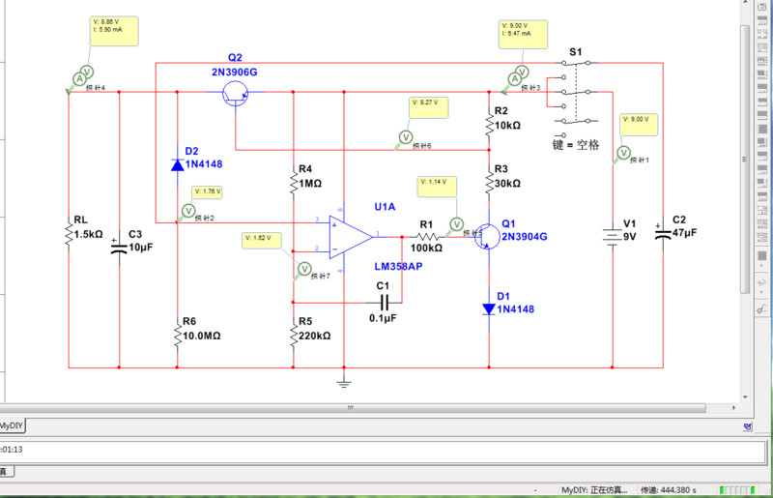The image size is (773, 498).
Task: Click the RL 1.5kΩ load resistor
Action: pyautogui.click(x=70, y=233)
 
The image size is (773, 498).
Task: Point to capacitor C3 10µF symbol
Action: pyautogui.click(x=119, y=246)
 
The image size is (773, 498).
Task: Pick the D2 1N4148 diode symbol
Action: pyautogui.click(x=177, y=164)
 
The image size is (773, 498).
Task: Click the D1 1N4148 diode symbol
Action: pyautogui.click(x=489, y=309)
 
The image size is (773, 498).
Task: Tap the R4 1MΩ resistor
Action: pyautogui.click(x=293, y=181)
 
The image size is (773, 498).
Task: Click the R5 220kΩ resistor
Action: pyautogui.click(x=293, y=335)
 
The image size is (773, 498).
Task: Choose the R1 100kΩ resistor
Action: pyautogui.click(x=428, y=236)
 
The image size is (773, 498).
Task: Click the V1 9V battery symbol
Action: pyautogui.click(x=612, y=236)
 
